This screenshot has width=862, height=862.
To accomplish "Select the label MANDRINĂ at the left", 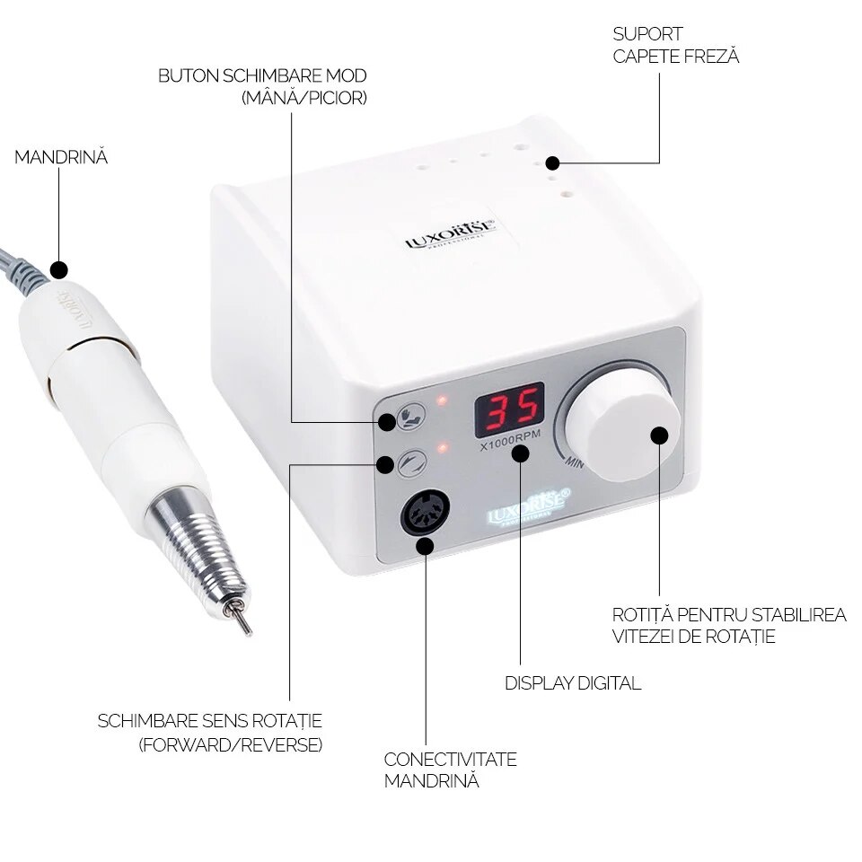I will (60, 157).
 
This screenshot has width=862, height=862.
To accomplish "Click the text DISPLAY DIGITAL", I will (573, 683).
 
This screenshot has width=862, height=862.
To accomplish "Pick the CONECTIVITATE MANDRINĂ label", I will (450, 770).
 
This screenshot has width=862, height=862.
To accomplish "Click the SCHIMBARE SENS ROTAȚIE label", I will (209, 733).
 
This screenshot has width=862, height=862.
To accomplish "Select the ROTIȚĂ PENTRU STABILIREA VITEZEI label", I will (728, 626).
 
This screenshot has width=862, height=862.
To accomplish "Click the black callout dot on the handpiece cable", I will (59, 269).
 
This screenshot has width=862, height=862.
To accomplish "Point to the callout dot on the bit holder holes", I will (552, 163).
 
